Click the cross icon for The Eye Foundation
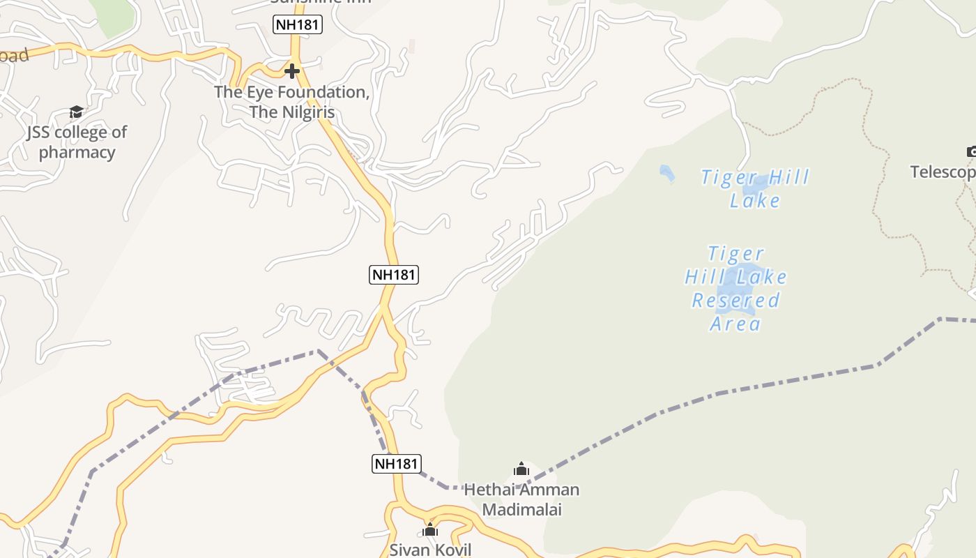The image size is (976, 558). pyautogui.click(x=292, y=70)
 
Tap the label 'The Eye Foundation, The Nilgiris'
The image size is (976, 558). pyautogui.click(x=291, y=102)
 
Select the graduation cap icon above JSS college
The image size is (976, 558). pyautogui.click(x=76, y=112)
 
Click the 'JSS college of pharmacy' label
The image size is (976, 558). pyautogui.click(x=77, y=142)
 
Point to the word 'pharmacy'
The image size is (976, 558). pyautogui.click(x=77, y=153)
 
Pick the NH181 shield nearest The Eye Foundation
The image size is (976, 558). pyautogui.click(x=298, y=25)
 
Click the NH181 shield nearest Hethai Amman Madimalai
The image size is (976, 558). pyautogui.click(x=396, y=464)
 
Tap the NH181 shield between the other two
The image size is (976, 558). pyautogui.click(x=394, y=275)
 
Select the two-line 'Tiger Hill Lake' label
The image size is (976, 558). pyautogui.click(x=755, y=189)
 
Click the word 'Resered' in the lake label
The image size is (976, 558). pyautogui.click(x=735, y=301)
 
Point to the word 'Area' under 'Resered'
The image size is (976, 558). pyautogui.click(x=735, y=324)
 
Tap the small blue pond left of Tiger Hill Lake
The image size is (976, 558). pyautogui.click(x=667, y=173)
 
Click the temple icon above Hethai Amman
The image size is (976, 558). pyautogui.click(x=521, y=469)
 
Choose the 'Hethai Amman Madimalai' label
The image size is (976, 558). pyautogui.click(x=521, y=499)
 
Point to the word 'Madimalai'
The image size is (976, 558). pyautogui.click(x=521, y=510)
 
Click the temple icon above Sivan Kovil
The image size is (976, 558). pyautogui.click(x=430, y=530)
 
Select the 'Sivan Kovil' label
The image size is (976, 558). pyautogui.click(x=430, y=550)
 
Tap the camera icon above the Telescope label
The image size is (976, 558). pyautogui.click(x=971, y=151)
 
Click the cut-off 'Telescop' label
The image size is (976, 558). pyautogui.click(x=943, y=172)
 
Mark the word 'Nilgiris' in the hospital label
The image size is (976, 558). pyautogui.click(x=308, y=112)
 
